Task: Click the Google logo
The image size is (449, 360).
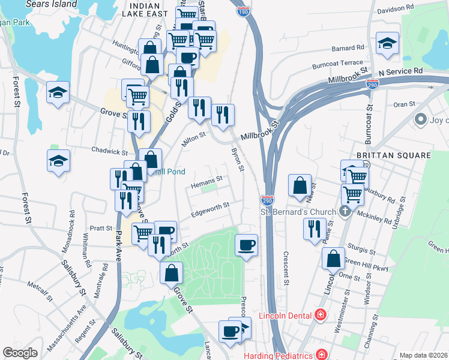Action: [20, 353]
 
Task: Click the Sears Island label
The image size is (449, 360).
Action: [52, 4]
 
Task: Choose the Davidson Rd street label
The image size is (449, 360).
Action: [396, 10]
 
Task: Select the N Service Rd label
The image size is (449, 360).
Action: [400, 71]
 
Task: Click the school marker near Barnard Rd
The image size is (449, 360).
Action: [387, 43]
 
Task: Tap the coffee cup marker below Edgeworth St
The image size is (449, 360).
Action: [246, 245]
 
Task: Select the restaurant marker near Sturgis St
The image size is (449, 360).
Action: [315, 229]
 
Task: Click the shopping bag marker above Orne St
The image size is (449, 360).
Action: [333, 259]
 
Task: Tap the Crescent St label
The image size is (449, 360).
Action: [286, 268]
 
